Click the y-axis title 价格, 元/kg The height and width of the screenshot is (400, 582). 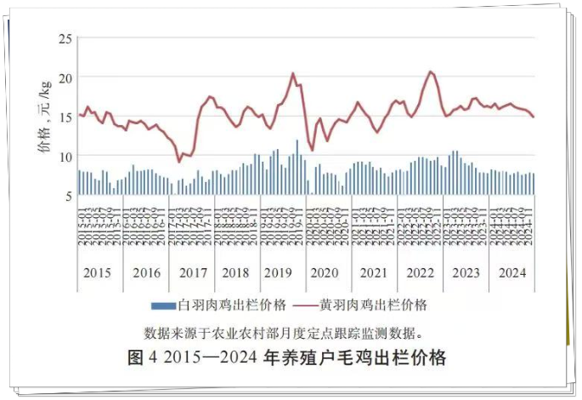coord(42,117)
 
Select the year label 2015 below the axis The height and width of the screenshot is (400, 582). coord(98,274)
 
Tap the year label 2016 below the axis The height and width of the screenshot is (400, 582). coord(146,274)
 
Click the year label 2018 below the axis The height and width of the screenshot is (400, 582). coord(237,274)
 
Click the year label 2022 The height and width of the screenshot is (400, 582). coord(421,274)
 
